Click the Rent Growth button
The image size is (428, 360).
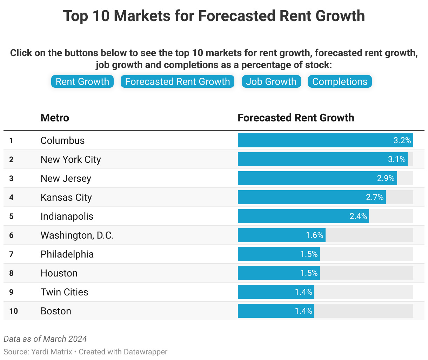[x=82, y=82]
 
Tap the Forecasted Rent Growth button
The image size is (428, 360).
[x=178, y=82]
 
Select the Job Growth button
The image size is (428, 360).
[x=271, y=82]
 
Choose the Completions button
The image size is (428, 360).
[x=340, y=82]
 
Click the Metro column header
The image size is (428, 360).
[x=55, y=118]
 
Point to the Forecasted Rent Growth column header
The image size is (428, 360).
[x=296, y=118]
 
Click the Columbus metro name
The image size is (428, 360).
[x=62, y=141]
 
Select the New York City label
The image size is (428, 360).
[x=71, y=160]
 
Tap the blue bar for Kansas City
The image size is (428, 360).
[x=302, y=197]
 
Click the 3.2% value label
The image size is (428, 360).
[x=402, y=141]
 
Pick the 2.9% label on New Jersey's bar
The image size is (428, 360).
[x=386, y=179]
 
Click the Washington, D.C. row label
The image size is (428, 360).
[x=77, y=235]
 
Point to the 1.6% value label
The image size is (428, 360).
[x=314, y=235]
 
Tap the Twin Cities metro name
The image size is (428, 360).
[x=64, y=292]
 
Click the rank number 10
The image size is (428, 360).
[x=13, y=311]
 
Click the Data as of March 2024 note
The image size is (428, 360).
[x=45, y=339]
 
